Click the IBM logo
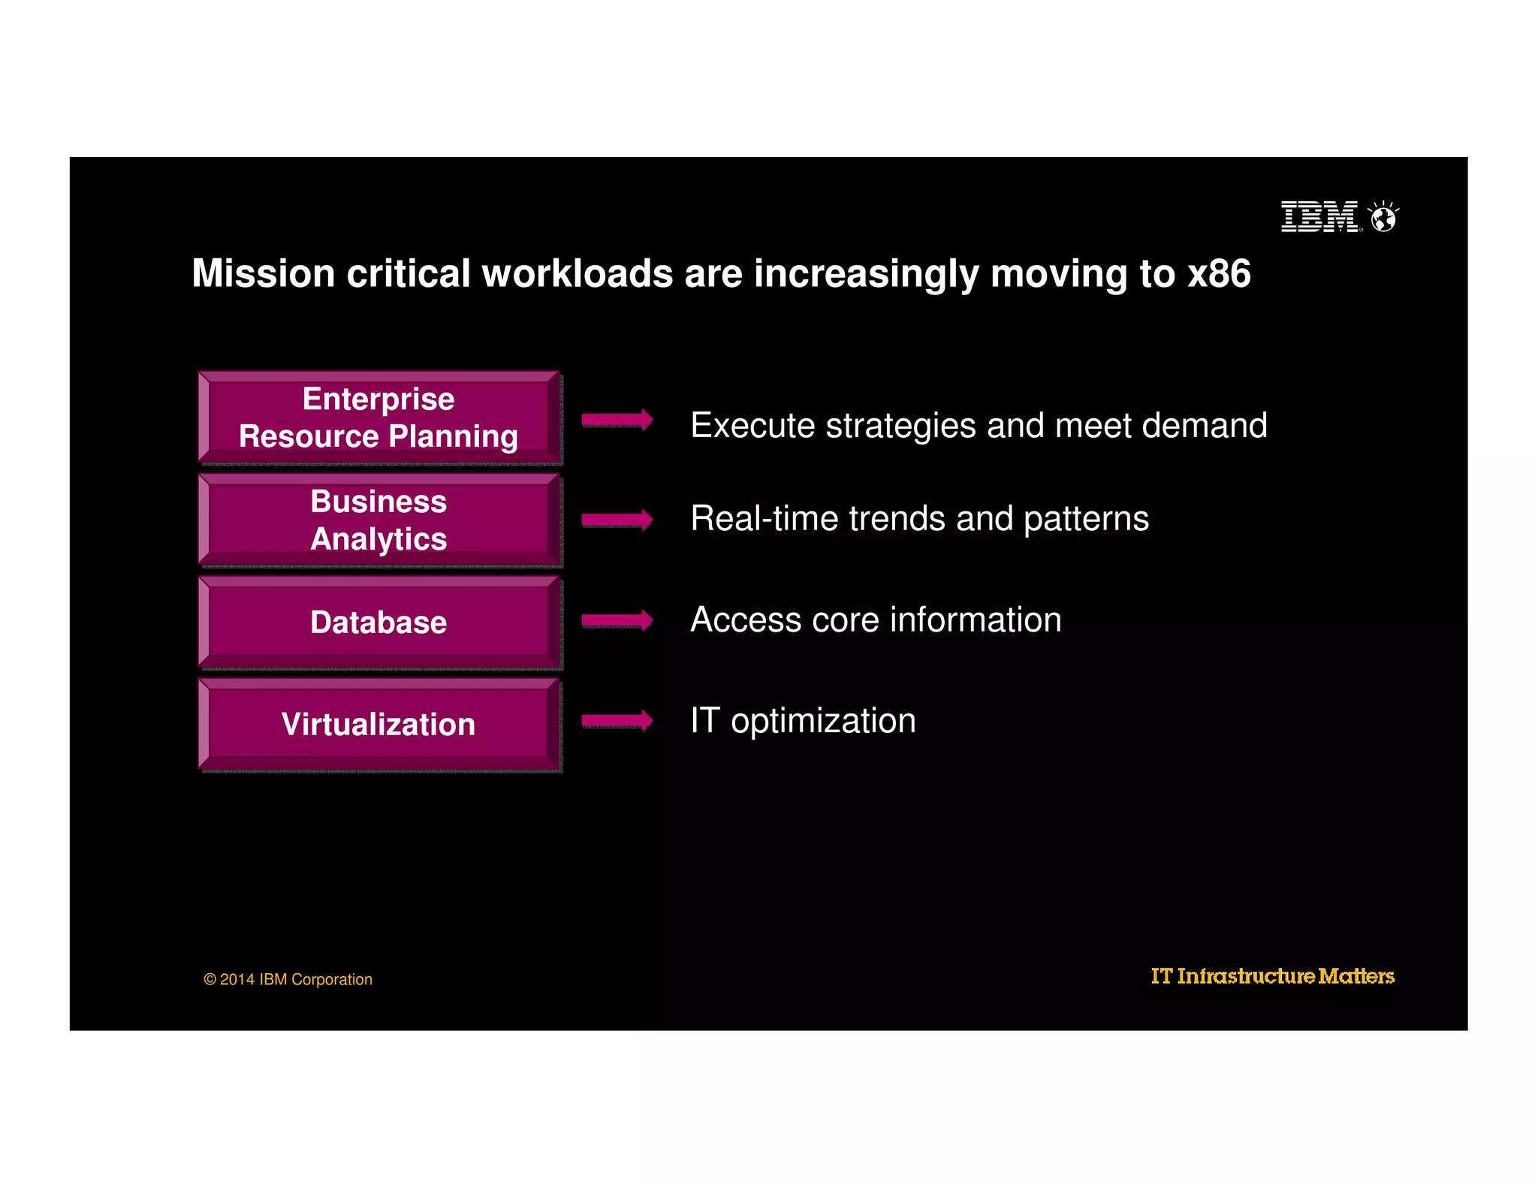click(x=1319, y=217)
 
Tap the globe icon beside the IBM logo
click(x=1383, y=218)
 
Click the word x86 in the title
click(x=1219, y=273)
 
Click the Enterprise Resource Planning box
click(x=379, y=418)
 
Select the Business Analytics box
click(x=379, y=520)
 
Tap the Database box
click(x=379, y=622)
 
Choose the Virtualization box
click(x=379, y=724)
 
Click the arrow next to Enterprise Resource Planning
click(x=617, y=420)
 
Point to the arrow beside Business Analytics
click(x=617, y=520)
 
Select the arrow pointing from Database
click(x=617, y=620)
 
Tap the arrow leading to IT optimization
click(x=617, y=721)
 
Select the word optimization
click(x=823, y=722)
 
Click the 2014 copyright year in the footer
click(x=237, y=979)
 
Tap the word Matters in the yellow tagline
click(x=1356, y=976)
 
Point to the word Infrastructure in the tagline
click(x=1246, y=976)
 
